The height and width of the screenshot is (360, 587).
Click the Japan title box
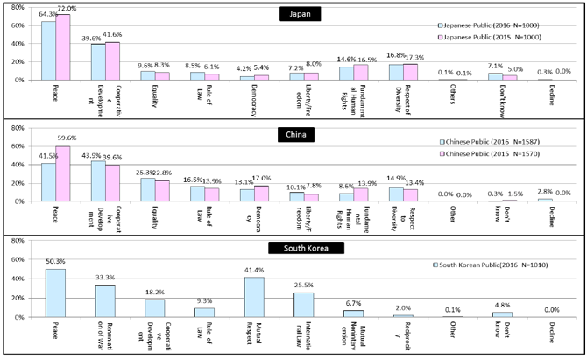click(x=293, y=14)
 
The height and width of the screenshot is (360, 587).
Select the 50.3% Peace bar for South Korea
click(x=55, y=293)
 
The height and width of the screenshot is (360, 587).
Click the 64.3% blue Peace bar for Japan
click(x=49, y=50)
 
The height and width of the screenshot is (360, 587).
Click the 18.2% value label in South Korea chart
click(x=154, y=293)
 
